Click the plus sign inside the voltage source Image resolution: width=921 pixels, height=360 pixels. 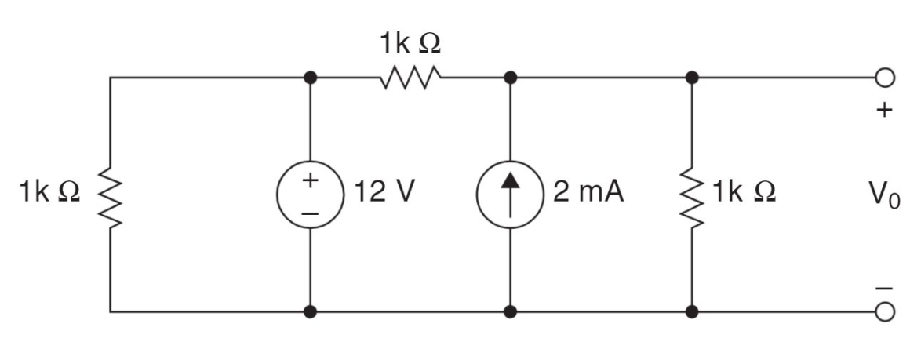click(x=311, y=180)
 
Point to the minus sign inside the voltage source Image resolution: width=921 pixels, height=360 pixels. click(x=311, y=212)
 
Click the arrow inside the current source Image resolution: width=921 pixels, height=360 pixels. click(x=511, y=194)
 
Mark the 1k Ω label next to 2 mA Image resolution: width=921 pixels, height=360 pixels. click(x=745, y=192)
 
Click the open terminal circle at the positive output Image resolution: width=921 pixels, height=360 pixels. click(x=884, y=78)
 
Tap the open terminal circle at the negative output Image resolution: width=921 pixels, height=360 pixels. click(x=884, y=311)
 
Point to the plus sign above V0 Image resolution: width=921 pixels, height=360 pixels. click(x=884, y=111)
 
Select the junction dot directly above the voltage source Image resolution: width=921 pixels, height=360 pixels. click(x=311, y=78)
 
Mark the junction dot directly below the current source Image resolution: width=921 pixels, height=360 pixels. click(x=511, y=311)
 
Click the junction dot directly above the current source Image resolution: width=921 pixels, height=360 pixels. click(x=511, y=78)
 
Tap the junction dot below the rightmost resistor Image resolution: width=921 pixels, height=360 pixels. click(x=692, y=311)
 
